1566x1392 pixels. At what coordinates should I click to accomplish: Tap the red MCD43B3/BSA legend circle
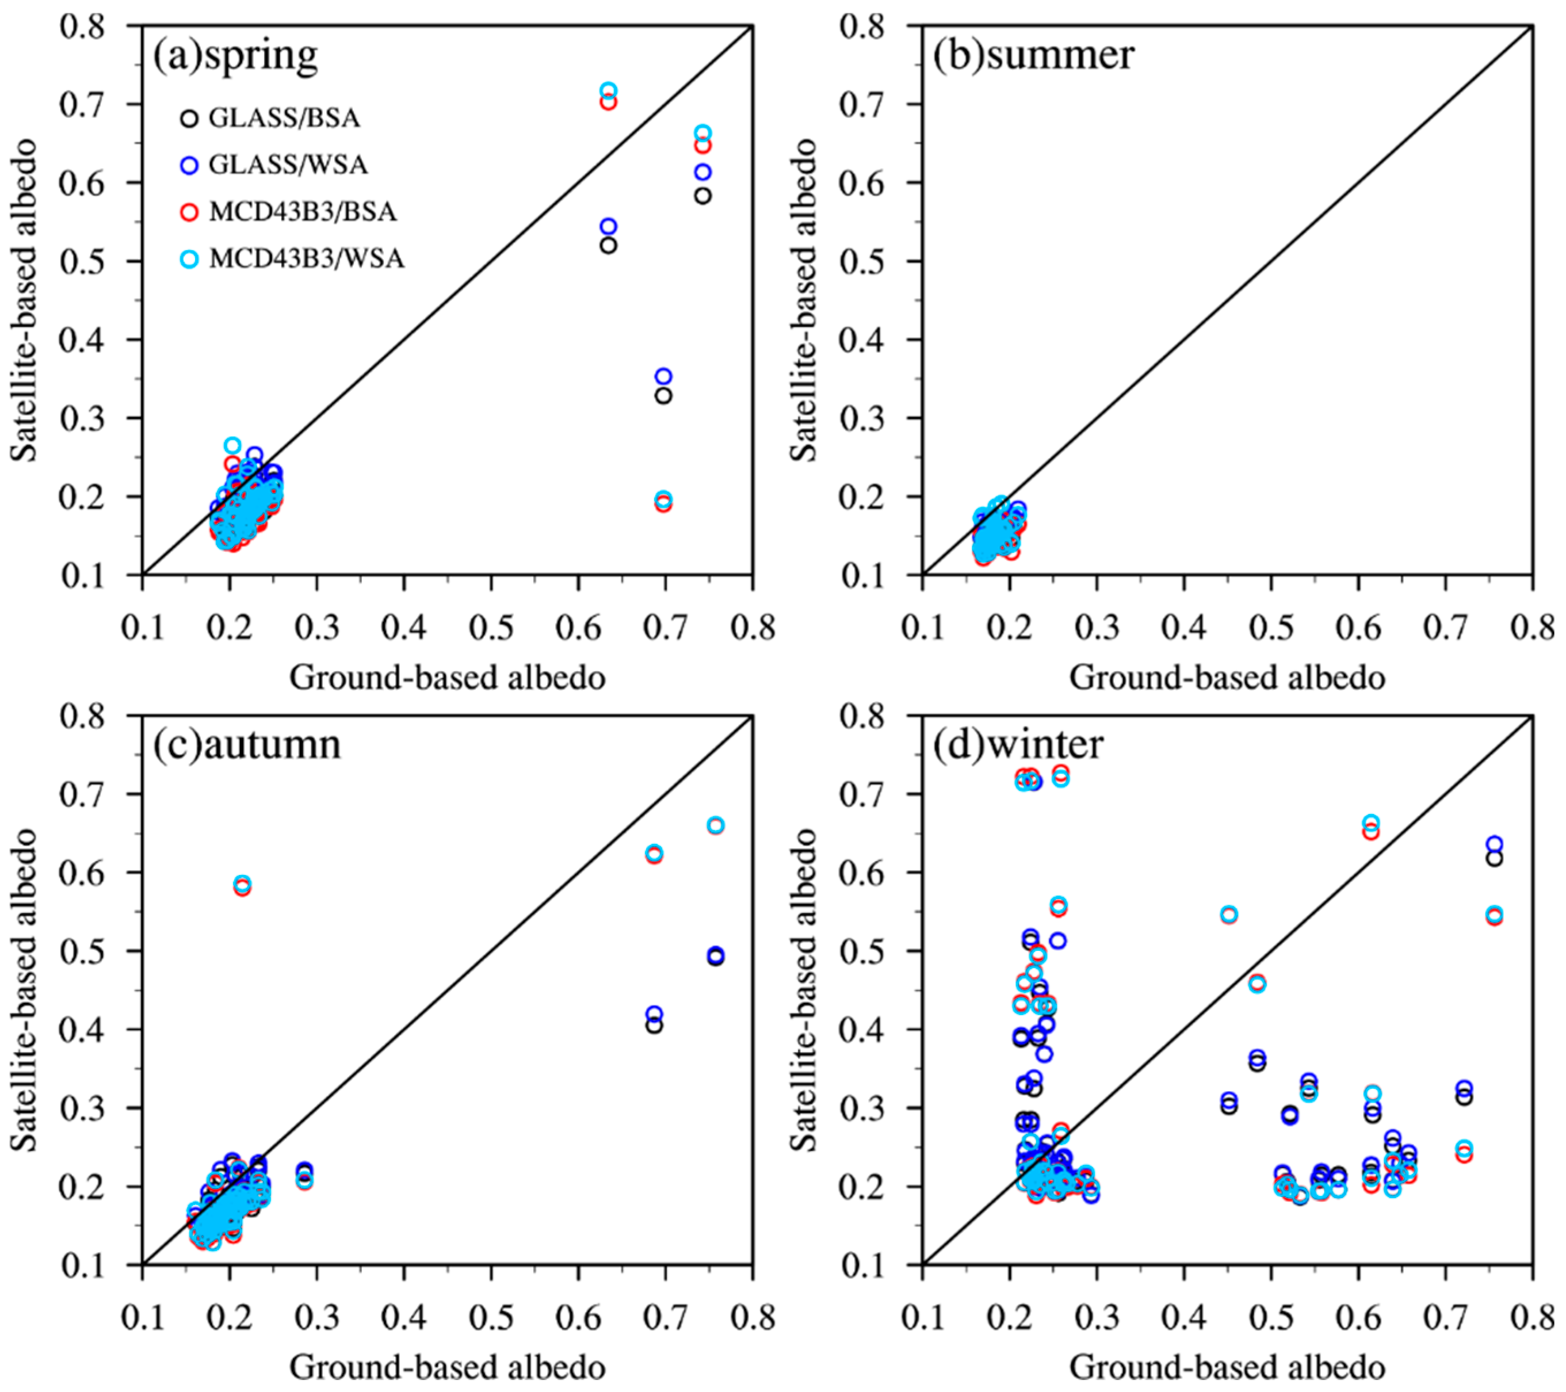coord(189,212)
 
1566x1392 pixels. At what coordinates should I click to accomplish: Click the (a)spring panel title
coord(235,56)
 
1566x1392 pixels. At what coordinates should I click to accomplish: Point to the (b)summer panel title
coord(1033,56)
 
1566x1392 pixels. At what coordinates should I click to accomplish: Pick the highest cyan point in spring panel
coord(608,90)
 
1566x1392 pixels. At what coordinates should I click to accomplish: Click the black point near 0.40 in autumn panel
coord(654,1025)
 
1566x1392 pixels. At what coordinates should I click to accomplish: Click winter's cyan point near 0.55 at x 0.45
coord(1229,914)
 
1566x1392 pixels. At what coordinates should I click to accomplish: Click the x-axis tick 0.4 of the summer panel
coord(1183,628)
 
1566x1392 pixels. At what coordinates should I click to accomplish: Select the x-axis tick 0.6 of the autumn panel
coord(578,1318)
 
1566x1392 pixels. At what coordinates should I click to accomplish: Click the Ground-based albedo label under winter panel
coord(1227,1367)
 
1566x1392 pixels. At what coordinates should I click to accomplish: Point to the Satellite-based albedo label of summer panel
coord(804,300)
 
